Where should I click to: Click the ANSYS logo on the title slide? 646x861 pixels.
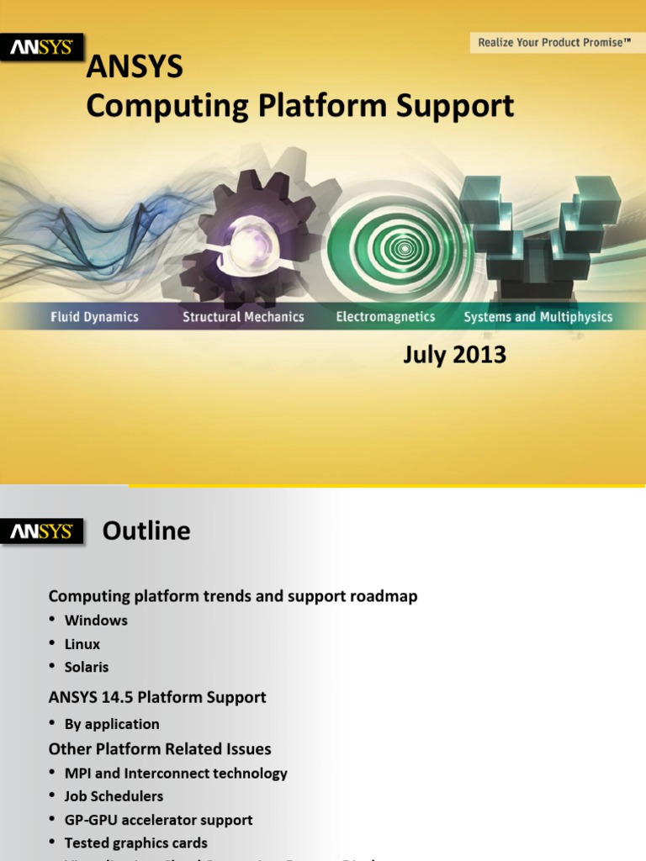pyautogui.click(x=41, y=49)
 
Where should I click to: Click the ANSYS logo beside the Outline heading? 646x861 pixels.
pyautogui.click(x=41, y=532)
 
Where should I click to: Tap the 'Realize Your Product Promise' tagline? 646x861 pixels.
pyautogui.click(x=553, y=42)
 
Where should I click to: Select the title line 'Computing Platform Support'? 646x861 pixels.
pyautogui.click(x=300, y=106)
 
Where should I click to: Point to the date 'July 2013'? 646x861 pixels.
pyautogui.click(x=454, y=355)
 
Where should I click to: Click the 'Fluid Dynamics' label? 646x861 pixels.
pyautogui.click(x=94, y=317)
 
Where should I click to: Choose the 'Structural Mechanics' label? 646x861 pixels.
pyautogui.click(x=243, y=317)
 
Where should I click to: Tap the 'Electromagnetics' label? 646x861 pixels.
pyautogui.click(x=385, y=317)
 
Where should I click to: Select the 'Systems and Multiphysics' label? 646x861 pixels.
pyautogui.click(x=538, y=317)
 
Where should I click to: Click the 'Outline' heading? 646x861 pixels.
pyautogui.click(x=146, y=531)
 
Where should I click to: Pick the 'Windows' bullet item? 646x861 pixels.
pyautogui.click(x=96, y=621)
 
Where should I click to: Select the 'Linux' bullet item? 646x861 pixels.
pyautogui.click(x=82, y=644)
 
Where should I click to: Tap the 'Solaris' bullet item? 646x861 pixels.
pyautogui.click(x=87, y=667)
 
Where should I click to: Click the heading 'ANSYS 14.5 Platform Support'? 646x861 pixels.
pyautogui.click(x=157, y=697)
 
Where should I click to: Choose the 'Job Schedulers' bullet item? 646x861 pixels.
pyautogui.click(x=114, y=796)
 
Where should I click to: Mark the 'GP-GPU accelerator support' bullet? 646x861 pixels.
pyautogui.click(x=158, y=820)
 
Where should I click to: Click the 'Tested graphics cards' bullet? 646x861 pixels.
pyautogui.click(x=135, y=843)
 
